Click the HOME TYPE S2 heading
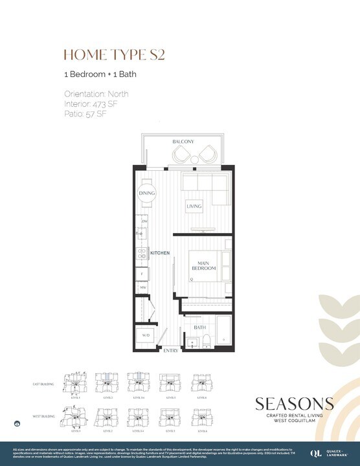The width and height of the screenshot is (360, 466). [x=114, y=54]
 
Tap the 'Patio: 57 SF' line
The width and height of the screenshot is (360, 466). [x=85, y=114]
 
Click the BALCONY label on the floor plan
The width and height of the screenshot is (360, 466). [x=183, y=142]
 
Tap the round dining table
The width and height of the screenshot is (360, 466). [x=146, y=193]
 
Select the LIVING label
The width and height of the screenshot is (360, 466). [x=194, y=206]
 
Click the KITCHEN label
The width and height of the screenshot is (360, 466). [x=160, y=252]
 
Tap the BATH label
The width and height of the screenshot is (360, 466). [x=200, y=327]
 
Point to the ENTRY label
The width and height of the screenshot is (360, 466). [x=171, y=351]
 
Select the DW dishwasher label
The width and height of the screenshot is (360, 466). [x=144, y=223]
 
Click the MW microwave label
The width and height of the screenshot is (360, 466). [x=144, y=287]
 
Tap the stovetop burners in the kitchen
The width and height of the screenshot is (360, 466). [x=141, y=254]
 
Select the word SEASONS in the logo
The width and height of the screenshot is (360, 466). [x=294, y=405]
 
